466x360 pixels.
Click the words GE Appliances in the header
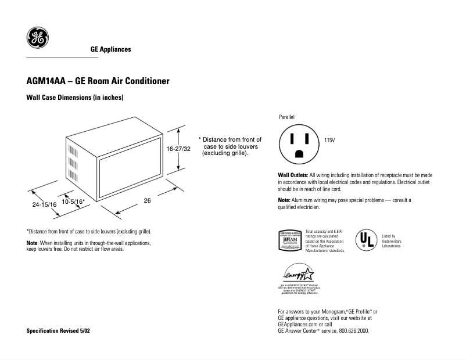tap(110, 49)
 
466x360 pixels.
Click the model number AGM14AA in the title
tap(46, 81)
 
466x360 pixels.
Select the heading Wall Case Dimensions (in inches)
tap(76, 98)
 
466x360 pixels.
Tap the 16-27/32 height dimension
tap(179, 149)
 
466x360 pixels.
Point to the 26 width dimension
tap(147, 200)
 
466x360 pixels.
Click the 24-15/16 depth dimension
tap(44, 205)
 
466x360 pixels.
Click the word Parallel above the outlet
tap(287, 117)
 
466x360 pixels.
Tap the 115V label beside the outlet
tap(330, 141)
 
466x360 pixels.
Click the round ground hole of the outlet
tap(299, 154)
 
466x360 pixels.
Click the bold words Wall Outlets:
tap(293, 175)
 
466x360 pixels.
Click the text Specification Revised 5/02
tap(59, 330)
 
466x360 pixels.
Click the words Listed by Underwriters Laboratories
tap(391, 242)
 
